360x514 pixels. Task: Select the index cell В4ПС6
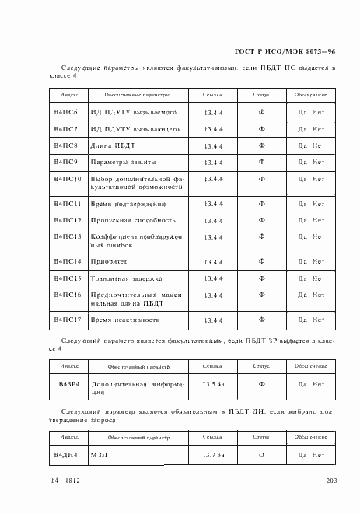(66, 111)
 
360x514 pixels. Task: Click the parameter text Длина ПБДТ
(113, 145)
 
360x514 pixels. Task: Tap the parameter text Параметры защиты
(123, 163)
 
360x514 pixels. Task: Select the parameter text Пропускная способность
(133, 220)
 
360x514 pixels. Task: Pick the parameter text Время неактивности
(125, 320)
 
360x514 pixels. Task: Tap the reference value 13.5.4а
(213, 383)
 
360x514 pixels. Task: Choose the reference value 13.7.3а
(213, 454)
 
